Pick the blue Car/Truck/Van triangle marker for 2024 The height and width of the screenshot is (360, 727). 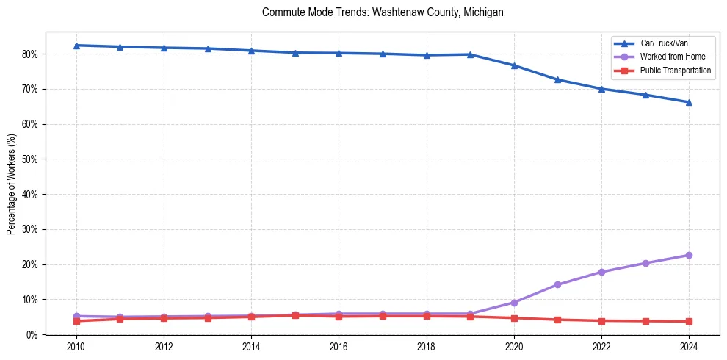coord(689,102)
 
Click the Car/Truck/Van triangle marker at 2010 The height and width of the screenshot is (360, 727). coord(76,46)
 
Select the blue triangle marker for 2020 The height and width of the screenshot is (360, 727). coord(514,65)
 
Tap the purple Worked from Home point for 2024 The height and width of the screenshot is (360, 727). coord(689,255)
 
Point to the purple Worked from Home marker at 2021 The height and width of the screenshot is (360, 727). coord(557,284)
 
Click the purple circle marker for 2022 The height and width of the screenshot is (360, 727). coord(601,272)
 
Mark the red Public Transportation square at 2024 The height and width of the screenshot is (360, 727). coord(689,321)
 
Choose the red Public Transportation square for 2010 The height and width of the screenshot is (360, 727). coord(76,321)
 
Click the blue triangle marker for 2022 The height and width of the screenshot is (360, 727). coord(601,89)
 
